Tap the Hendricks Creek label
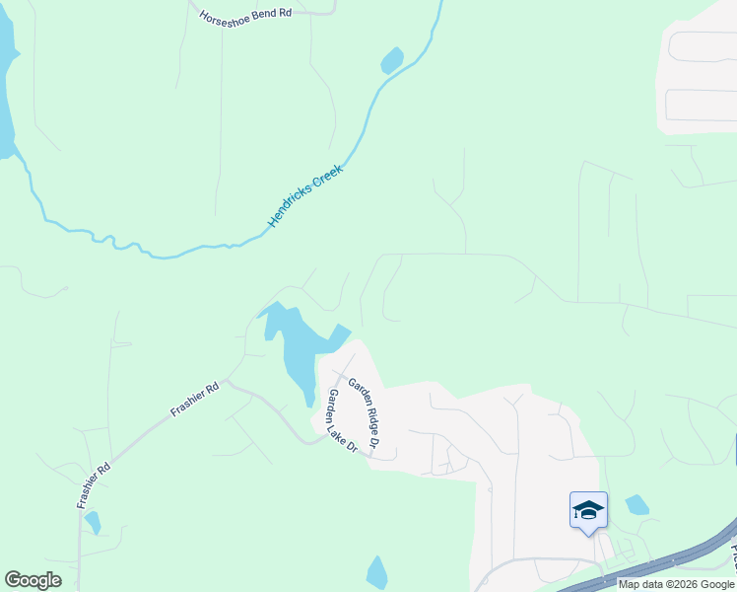306,196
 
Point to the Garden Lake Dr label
341,421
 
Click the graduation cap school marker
588,510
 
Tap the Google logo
33,580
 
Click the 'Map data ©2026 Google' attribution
676,584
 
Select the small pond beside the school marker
636,504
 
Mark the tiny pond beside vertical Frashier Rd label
93,521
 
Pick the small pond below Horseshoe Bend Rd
392,61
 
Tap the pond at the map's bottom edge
376,573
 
